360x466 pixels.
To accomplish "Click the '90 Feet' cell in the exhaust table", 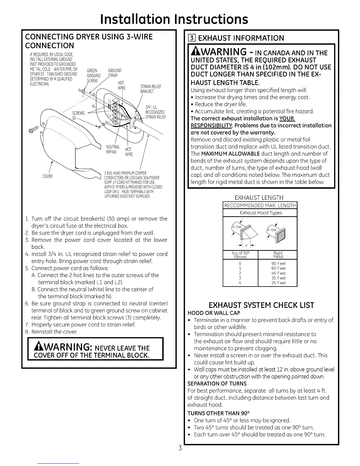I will click(x=278, y=264).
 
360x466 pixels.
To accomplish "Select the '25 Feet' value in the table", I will click(x=278, y=283).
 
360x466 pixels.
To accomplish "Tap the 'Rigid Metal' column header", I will click(x=278, y=255).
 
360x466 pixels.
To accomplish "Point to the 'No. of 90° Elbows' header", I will click(x=240, y=255).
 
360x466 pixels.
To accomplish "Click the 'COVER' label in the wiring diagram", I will click(x=47, y=177).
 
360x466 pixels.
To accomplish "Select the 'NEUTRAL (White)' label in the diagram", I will click(x=113, y=149).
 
